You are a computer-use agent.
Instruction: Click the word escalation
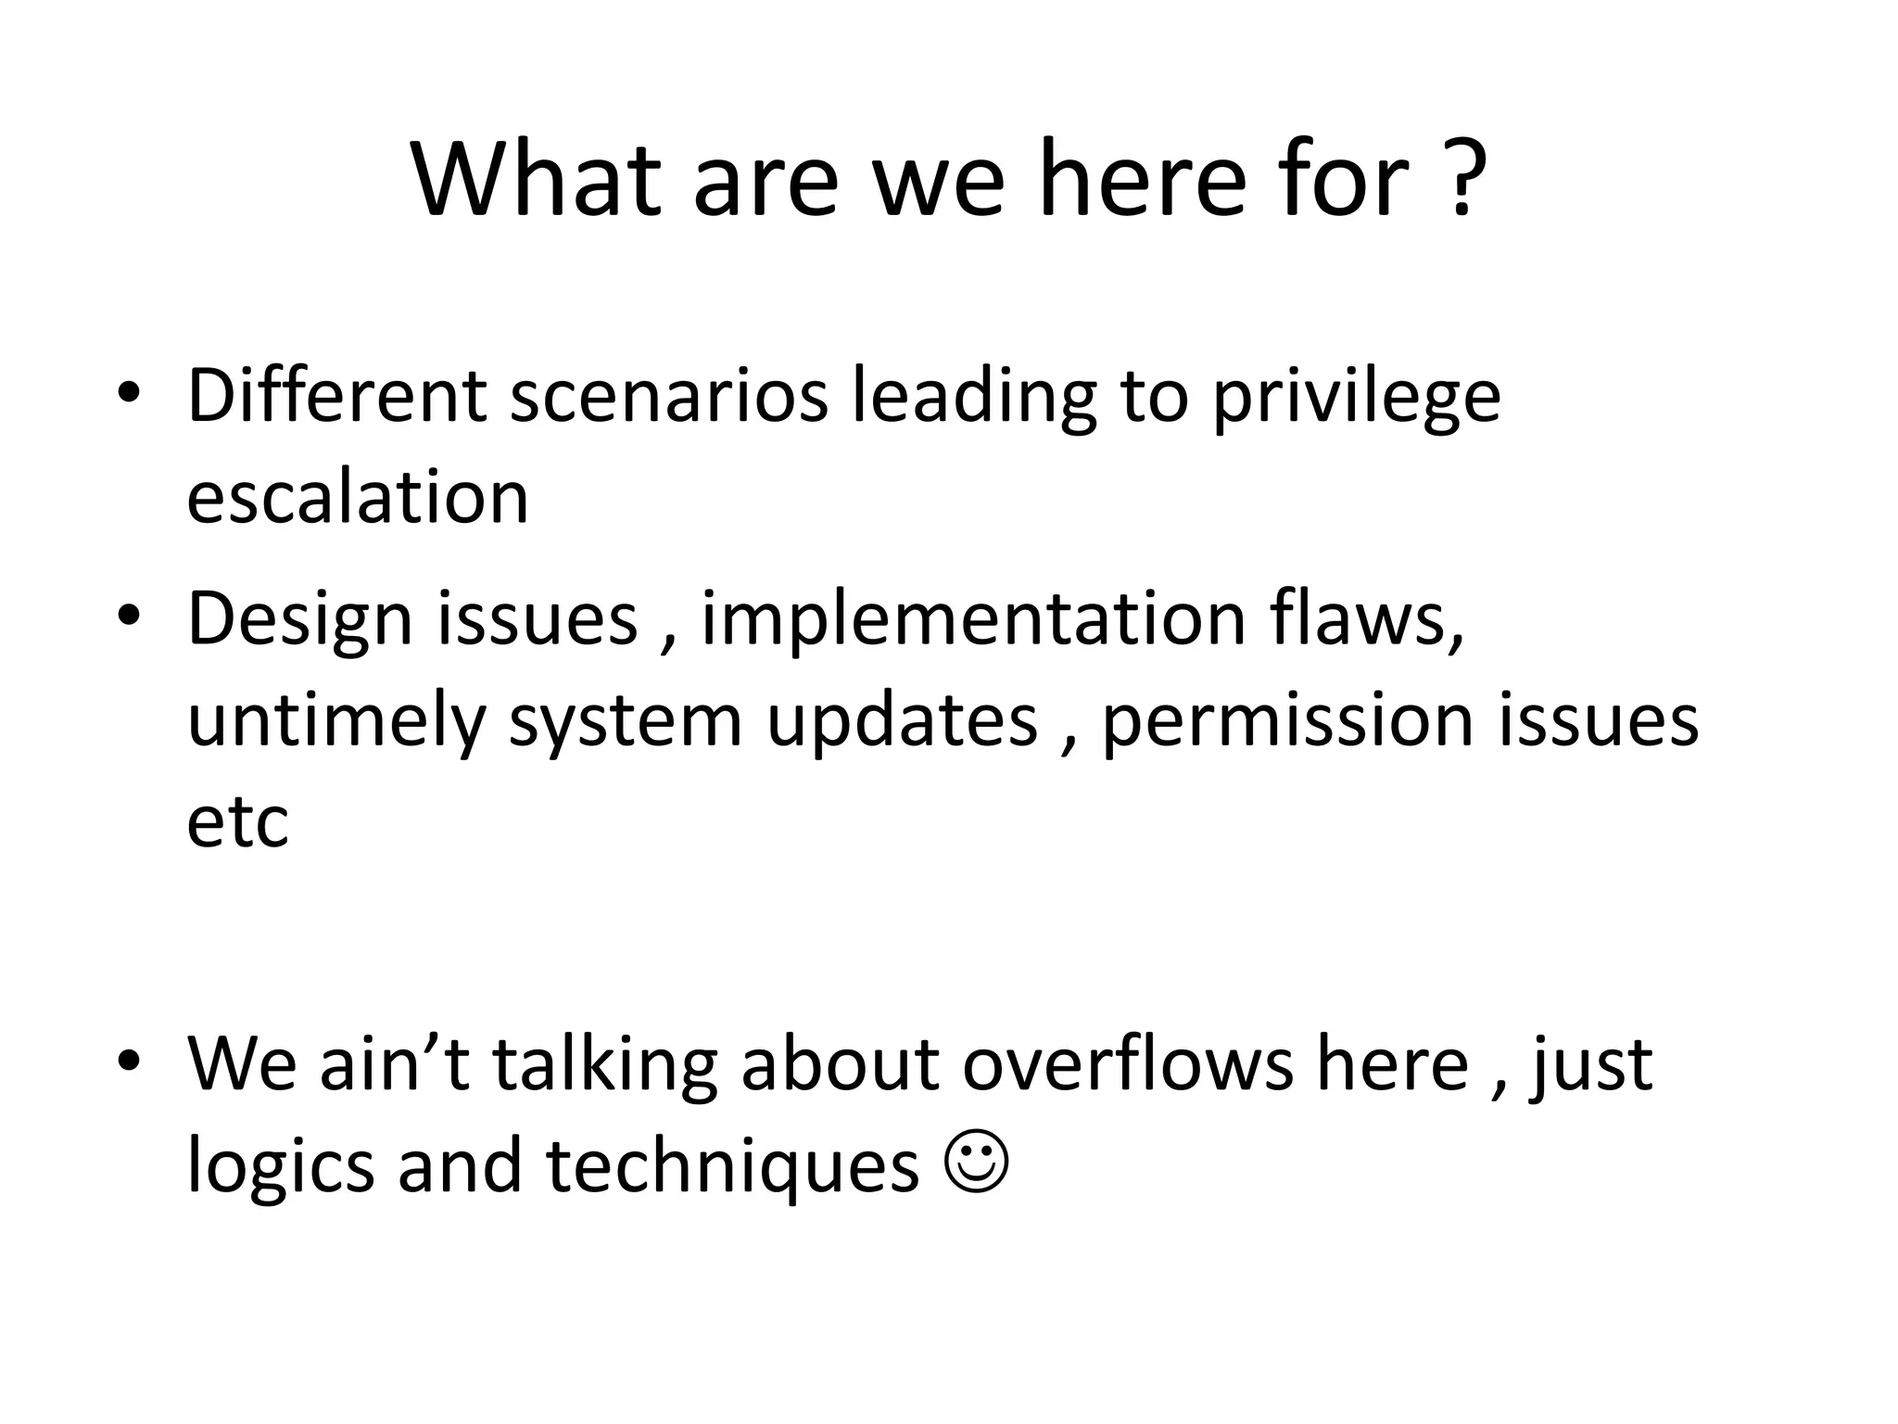coord(357,498)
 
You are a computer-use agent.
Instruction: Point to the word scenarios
coord(668,397)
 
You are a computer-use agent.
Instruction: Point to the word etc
coord(237,823)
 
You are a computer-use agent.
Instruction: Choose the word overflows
coord(1127,1063)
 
